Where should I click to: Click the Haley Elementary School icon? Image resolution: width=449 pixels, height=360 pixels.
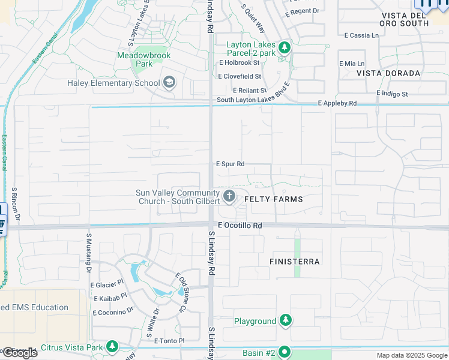[x=169, y=83]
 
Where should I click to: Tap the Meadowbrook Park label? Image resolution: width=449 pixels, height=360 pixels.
[x=144, y=59]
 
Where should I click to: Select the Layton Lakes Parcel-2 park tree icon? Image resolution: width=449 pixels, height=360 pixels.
[x=285, y=47]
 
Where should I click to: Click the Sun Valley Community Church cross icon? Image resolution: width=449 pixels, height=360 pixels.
[x=229, y=196]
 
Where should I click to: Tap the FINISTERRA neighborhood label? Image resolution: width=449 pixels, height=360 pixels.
[x=295, y=262]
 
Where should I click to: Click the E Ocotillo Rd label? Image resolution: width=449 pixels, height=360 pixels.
[x=240, y=226]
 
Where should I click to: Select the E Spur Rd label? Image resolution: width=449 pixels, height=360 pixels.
[x=231, y=164]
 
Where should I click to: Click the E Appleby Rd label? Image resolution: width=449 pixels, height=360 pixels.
[x=338, y=104]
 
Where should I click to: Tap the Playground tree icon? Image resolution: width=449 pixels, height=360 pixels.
[x=286, y=321]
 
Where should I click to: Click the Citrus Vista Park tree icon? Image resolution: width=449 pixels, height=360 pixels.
[x=112, y=347]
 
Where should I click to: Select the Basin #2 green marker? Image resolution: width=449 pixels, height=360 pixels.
[x=285, y=352]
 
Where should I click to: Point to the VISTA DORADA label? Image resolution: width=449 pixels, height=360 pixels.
[x=388, y=73]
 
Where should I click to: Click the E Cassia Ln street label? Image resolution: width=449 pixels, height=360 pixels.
[x=361, y=35]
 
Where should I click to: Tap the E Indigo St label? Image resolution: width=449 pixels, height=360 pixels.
[x=392, y=94]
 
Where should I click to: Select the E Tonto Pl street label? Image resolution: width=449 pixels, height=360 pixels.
[x=169, y=341]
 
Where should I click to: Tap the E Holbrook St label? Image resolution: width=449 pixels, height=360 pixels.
[x=239, y=62]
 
